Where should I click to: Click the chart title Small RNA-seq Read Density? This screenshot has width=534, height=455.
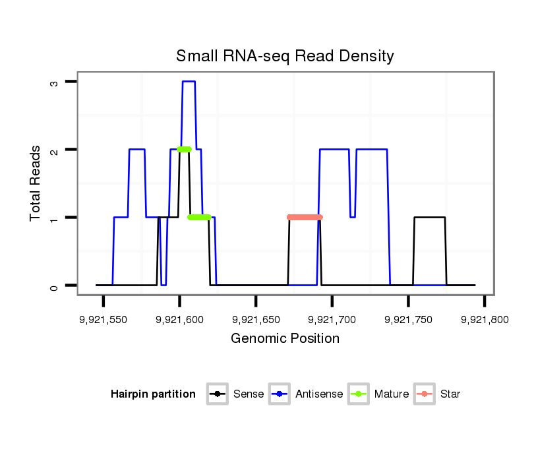[x=285, y=56]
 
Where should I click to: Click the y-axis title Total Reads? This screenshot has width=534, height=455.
[x=36, y=183]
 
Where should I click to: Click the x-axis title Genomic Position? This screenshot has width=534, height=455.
[x=285, y=339]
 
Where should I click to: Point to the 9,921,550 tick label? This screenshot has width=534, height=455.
[x=103, y=320]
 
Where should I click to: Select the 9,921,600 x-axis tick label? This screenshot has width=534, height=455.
[x=179, y=320]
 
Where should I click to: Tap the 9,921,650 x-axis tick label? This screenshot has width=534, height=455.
[x=256, y=320]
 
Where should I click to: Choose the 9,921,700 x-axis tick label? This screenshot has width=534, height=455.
[x=332, y=320]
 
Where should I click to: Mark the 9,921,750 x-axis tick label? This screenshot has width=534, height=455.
[x=408, y=320]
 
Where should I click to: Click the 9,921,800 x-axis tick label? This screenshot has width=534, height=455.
[x=485, y=320]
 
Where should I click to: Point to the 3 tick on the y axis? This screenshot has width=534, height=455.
[x=55, y=82]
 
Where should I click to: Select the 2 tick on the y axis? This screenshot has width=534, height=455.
[x=55, y=150]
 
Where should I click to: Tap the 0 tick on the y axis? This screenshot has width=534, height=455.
[x=55, y=286]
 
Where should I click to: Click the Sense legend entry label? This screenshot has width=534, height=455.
[x=249, y=394]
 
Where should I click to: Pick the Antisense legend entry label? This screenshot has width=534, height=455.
[x=319, y=394]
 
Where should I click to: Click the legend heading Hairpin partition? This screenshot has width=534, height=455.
[x=153, y=394]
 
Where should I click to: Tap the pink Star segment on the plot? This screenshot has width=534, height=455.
[x=305, y=217]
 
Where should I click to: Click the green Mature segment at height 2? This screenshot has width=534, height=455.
[x=184, y=149]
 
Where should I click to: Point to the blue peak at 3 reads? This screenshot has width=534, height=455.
[x=189, y=81]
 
